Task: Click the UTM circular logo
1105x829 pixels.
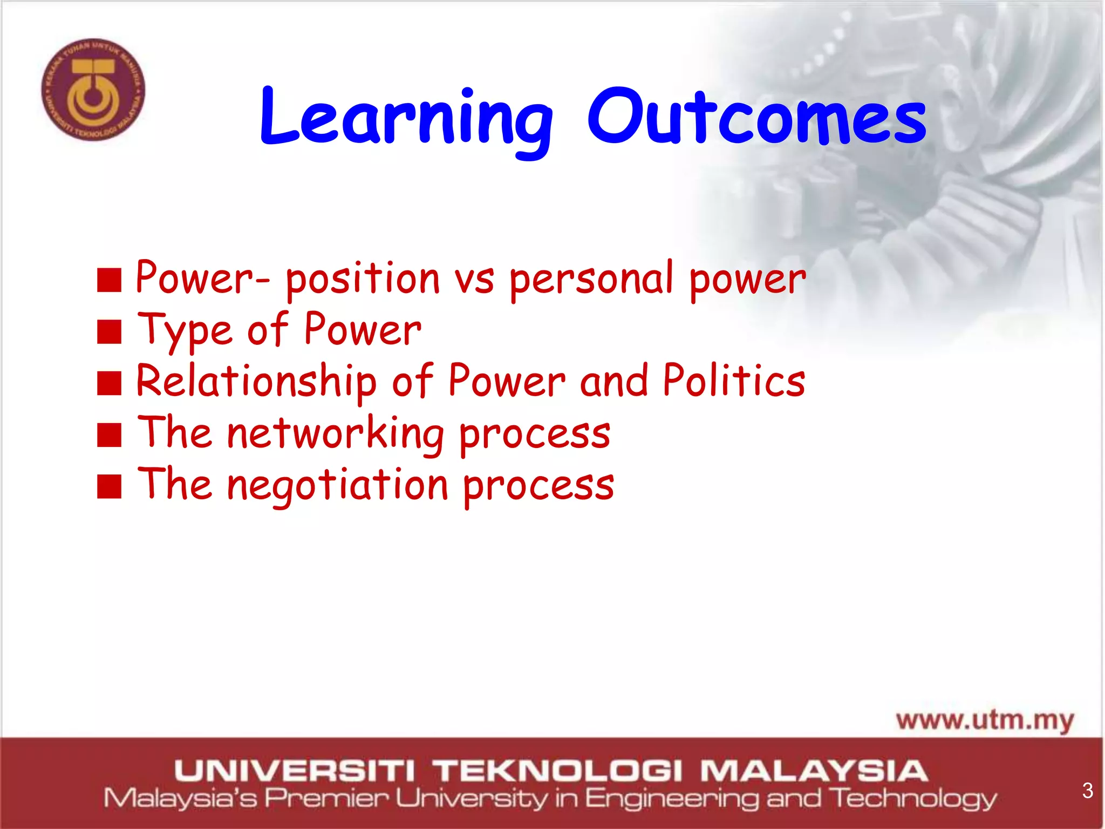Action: click(93, 90)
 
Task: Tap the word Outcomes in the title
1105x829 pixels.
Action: click(756, 118)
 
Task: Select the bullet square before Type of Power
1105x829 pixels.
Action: click(109, 331)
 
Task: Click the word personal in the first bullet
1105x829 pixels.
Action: click(592, 279)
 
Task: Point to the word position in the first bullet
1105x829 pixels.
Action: click(363, 279)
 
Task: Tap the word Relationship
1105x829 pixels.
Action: click(256, 382)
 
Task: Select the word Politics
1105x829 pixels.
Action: click(734, 380)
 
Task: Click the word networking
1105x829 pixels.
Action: click(335, 433)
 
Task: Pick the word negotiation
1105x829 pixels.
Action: click(337, 485)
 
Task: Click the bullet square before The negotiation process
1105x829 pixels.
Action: click(109, 486)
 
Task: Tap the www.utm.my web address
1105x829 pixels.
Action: click(985, 721)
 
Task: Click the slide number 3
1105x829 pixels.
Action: click(1087, 791)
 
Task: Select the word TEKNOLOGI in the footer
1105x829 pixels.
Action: click(558, 771)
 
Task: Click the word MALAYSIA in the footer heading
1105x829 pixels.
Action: click(814, 771)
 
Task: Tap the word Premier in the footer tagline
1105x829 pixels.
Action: click(326, 798)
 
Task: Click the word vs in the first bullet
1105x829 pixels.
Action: click(474, 280)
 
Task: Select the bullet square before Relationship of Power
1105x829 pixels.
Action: click(109, 384)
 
